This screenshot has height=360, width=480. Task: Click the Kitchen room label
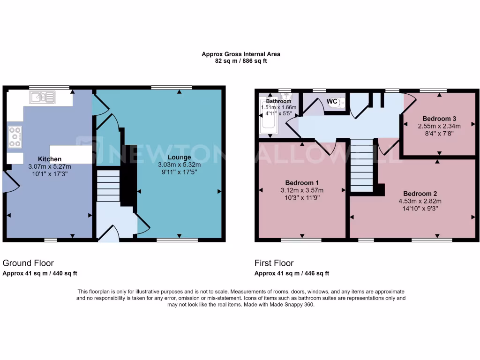tap(49, 158)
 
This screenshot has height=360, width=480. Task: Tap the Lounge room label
tap(179, 157)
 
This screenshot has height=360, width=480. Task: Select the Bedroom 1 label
tap(302, 182)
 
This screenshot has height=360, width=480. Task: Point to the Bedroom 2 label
tap(420, 194)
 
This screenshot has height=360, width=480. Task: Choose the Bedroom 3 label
tap(439, 119)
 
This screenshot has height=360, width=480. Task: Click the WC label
tap(332, 101)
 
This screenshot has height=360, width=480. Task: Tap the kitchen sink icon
tap(42, 97)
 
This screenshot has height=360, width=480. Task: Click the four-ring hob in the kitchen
tap(15, 136)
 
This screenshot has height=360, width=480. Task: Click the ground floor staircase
tap(108, 186)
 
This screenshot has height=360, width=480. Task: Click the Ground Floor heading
tap(28, 263)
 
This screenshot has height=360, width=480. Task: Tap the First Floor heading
tap(274, 263)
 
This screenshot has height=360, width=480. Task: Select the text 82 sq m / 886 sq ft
tap(240, 61)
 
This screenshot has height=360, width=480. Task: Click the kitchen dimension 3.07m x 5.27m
tap(49, 166)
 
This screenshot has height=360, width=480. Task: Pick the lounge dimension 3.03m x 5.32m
tap(179, 165)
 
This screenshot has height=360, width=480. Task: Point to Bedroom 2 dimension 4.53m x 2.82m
tap(420, 201)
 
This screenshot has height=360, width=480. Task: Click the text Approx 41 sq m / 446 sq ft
tap(292, 273)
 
